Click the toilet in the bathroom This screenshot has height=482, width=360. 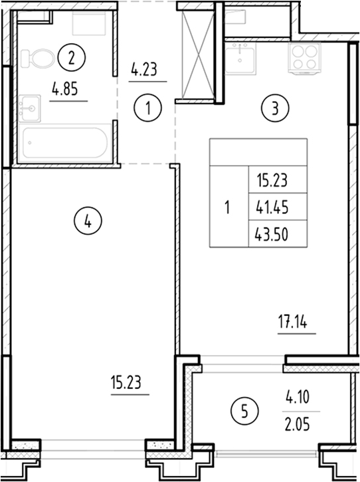[34, 59]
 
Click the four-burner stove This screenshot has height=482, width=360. [306, 57]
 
